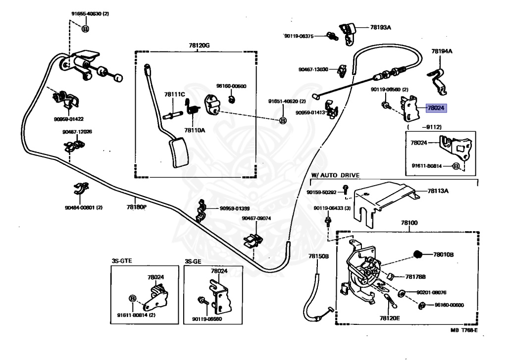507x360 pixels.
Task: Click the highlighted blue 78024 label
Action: pyautogui.click(x=436, y=107)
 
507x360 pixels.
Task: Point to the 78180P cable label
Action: pyautogui.click(x=137, y=207)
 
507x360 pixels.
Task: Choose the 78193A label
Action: pyautogui.click(x=381, y=28)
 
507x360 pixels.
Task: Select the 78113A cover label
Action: pyautogui.click(x=436, y=190)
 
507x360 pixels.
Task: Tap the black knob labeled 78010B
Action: pyautogui.click(x=417, y=255)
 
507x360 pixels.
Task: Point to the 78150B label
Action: pyautogui.click(x=318, y=256)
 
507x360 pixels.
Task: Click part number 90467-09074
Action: pyautogui.click(x=256, y=218)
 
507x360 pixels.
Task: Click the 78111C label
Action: pyautogui.click(x=174, y=94)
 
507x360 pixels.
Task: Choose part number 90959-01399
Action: pyautogui.click(x=235, y=208)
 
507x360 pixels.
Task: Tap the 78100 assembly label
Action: pyautogui.click(x=409, y=223)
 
